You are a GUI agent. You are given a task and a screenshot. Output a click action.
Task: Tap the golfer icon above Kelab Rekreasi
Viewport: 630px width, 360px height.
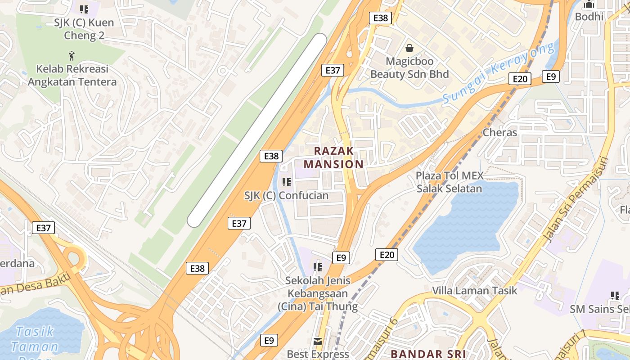(x=71, y=56)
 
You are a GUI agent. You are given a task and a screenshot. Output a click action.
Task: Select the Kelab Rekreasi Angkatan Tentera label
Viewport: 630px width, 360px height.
(x=72, y=76)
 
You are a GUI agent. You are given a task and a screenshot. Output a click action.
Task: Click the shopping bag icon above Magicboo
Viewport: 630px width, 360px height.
(x=409, y=48)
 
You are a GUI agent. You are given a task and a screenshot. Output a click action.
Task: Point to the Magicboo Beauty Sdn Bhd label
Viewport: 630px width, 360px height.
(x=409, y=67)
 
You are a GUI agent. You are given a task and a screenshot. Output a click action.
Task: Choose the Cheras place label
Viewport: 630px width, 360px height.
(x=500, y=132)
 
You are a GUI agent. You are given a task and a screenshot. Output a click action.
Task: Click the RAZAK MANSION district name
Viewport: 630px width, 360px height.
(x=333, y=157)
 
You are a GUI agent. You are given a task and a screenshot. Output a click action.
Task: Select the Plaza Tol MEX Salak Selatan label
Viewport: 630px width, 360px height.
(x=449, y=182)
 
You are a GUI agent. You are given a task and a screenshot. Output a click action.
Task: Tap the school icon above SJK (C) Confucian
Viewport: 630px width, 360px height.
(x=286, y=182)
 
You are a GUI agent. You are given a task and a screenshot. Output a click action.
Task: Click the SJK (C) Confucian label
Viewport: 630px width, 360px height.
(x=286, y=196)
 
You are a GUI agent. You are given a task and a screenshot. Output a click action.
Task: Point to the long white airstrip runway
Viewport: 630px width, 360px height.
(x=257, y=130)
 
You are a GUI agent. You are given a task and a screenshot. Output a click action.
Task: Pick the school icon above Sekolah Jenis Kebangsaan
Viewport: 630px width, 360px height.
(x=318, y=267)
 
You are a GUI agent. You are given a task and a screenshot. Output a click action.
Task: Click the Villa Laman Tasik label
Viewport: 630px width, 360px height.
(x=474, y=291)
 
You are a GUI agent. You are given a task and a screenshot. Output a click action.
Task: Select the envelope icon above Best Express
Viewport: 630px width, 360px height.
(x=318, y=342)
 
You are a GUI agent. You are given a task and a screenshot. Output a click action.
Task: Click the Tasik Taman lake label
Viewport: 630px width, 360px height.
(x=35, y=339)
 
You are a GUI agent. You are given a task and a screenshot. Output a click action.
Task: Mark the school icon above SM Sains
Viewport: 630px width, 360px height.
(x=615, y=296)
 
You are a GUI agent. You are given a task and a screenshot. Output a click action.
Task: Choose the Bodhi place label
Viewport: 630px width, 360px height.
(x=589, y=17)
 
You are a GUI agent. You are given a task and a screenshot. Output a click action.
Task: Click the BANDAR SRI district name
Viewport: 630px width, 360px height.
(x=428, y=354)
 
